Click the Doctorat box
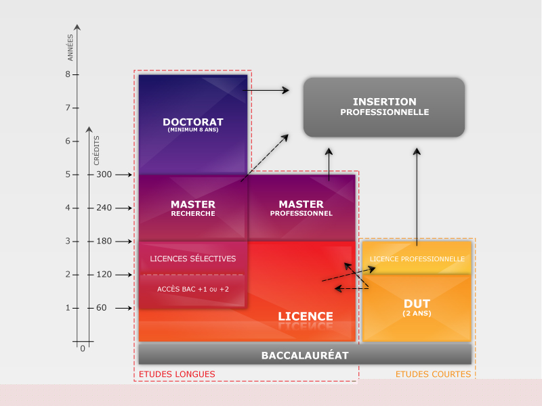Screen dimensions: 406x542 [x=193, y=125]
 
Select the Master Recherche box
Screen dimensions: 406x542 [x=193, y=208]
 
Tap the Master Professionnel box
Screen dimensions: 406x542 [x=301, y=208]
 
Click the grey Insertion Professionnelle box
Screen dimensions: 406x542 [x=384, y=107]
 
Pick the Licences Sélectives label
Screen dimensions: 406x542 [x=193, y=258]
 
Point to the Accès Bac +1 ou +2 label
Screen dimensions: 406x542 [x=193, y=290]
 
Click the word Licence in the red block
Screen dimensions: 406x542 [x=306, y=316]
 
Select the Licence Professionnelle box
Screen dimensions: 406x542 [x=417, y=258]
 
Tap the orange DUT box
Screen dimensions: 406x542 [x=417, y=308]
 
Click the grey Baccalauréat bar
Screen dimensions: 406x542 [x=305, y=355]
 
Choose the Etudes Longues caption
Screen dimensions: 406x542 [x=177, y=374]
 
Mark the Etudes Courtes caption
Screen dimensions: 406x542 [x=433, y=374]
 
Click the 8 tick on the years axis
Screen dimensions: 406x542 [x=68, y=74]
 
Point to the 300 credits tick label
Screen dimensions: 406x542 [x=104, y=175]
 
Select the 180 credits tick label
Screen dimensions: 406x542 [x=104, y=242]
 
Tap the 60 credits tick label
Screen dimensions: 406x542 [x=102, y=309]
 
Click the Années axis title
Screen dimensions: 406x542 [x=70, y=49]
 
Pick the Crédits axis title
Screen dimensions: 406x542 [x=97, y=150]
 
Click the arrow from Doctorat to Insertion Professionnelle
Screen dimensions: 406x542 [x=266, y=89]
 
